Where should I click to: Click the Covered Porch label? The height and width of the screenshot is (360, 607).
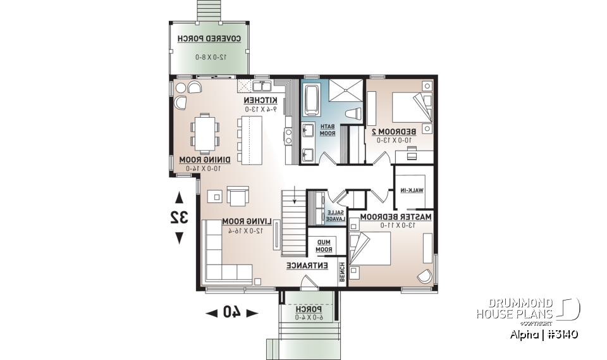click(209, 39)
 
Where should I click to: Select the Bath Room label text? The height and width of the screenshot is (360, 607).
click(326, 130)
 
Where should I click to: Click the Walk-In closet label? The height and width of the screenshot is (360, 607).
click(411, 190)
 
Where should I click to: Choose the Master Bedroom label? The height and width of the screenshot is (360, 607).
click(396, 217)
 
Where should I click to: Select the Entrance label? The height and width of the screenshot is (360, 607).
click(307, 266)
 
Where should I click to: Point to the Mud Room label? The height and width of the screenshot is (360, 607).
click(324, 245)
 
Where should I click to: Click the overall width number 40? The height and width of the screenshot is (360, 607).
click(232, 312)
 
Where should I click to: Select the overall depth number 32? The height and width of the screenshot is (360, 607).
click(180, 217)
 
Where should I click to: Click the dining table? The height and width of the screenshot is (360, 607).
click(204, 133)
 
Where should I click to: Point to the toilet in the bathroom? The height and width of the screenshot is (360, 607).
click(355, 115)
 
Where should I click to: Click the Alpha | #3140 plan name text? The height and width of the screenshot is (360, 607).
click(543, 334)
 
